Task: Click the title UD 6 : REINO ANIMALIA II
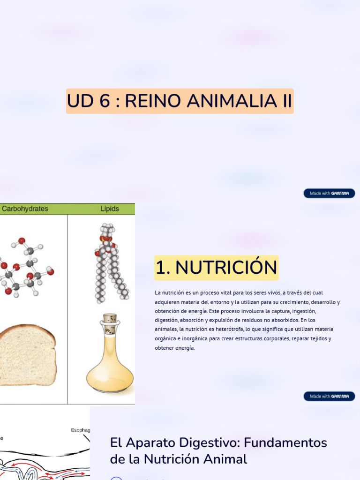(180, 101)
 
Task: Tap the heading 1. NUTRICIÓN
(216, 268)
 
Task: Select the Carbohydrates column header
(24, 209)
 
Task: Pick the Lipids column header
(110, 209)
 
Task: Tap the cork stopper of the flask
(110, 318)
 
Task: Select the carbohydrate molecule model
(26, 270)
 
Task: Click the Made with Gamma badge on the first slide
(329, 193)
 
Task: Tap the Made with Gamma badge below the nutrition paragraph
(329, 396)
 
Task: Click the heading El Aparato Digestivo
(218, 450)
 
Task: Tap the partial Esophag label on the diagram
(80, 430)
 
